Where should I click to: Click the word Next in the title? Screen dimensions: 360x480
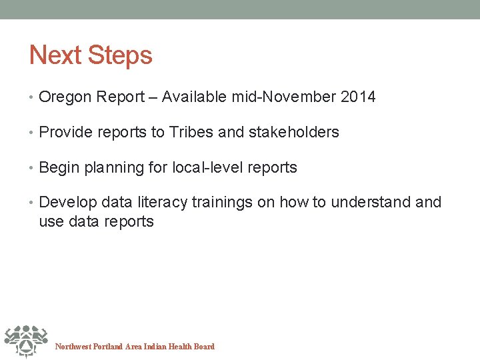(52, 55)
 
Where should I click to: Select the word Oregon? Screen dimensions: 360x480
(65, 97)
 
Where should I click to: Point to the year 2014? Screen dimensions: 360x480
(358, 97)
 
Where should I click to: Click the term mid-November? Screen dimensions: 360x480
(284, 97)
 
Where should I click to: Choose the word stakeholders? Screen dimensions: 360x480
(293, 133)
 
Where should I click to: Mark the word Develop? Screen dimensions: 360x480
(68, 203)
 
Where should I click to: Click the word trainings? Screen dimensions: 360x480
(223, 203)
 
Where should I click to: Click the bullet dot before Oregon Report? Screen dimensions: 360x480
(33, 98)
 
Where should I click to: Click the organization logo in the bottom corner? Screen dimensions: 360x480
(25, 341)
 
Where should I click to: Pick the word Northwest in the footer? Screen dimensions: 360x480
(73, 347)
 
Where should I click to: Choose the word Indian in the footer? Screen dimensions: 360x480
(155, 347)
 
